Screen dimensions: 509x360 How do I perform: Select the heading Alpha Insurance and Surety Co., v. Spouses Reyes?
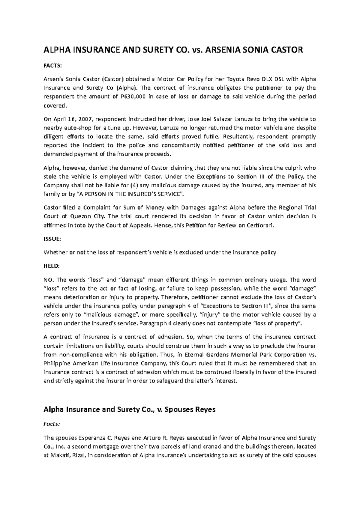(130, 409)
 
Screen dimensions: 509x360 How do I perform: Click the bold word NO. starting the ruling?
(49, 280)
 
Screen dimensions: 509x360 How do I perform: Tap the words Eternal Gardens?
(204, 355)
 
